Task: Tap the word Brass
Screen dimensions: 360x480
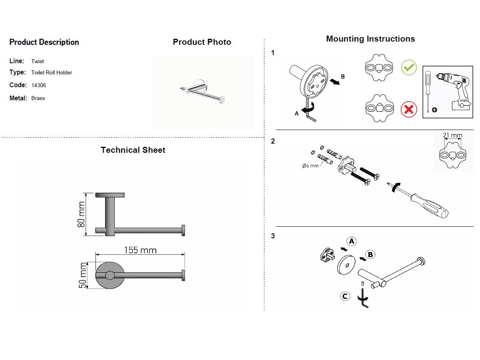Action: (38, 98)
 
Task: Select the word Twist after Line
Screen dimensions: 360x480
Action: (38, 61)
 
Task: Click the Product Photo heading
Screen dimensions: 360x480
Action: (202, 42)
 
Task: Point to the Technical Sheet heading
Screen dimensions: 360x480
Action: (133, 150)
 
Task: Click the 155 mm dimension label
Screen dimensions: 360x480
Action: (140, 250)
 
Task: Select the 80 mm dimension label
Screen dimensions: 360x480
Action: (81, 215)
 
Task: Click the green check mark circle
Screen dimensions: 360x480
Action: (409, 67)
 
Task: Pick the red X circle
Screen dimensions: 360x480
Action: (409, 109)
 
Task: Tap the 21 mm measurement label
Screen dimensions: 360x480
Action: (452, 136)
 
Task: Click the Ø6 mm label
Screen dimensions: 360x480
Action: (310, 166)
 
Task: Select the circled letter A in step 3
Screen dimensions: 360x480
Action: (351, 241)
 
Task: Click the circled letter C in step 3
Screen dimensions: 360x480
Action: (345, 296)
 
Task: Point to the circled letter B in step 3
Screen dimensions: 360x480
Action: (370, 254)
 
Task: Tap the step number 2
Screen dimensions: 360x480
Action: (273, 141)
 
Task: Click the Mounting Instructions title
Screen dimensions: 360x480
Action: (370, 39)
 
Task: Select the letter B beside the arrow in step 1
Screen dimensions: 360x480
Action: (342, 76)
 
